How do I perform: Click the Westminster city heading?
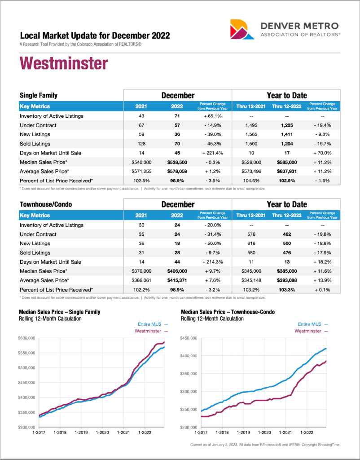click(64, 63)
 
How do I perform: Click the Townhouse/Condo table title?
click(46, 204)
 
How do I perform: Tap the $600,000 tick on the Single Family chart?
click(27, 338)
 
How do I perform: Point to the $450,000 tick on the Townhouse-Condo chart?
click(189, 338)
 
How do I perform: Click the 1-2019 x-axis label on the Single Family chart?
click(81, 433)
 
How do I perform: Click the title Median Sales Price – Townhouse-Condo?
click(228, 312)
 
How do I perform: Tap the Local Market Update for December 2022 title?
click(95, 36)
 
